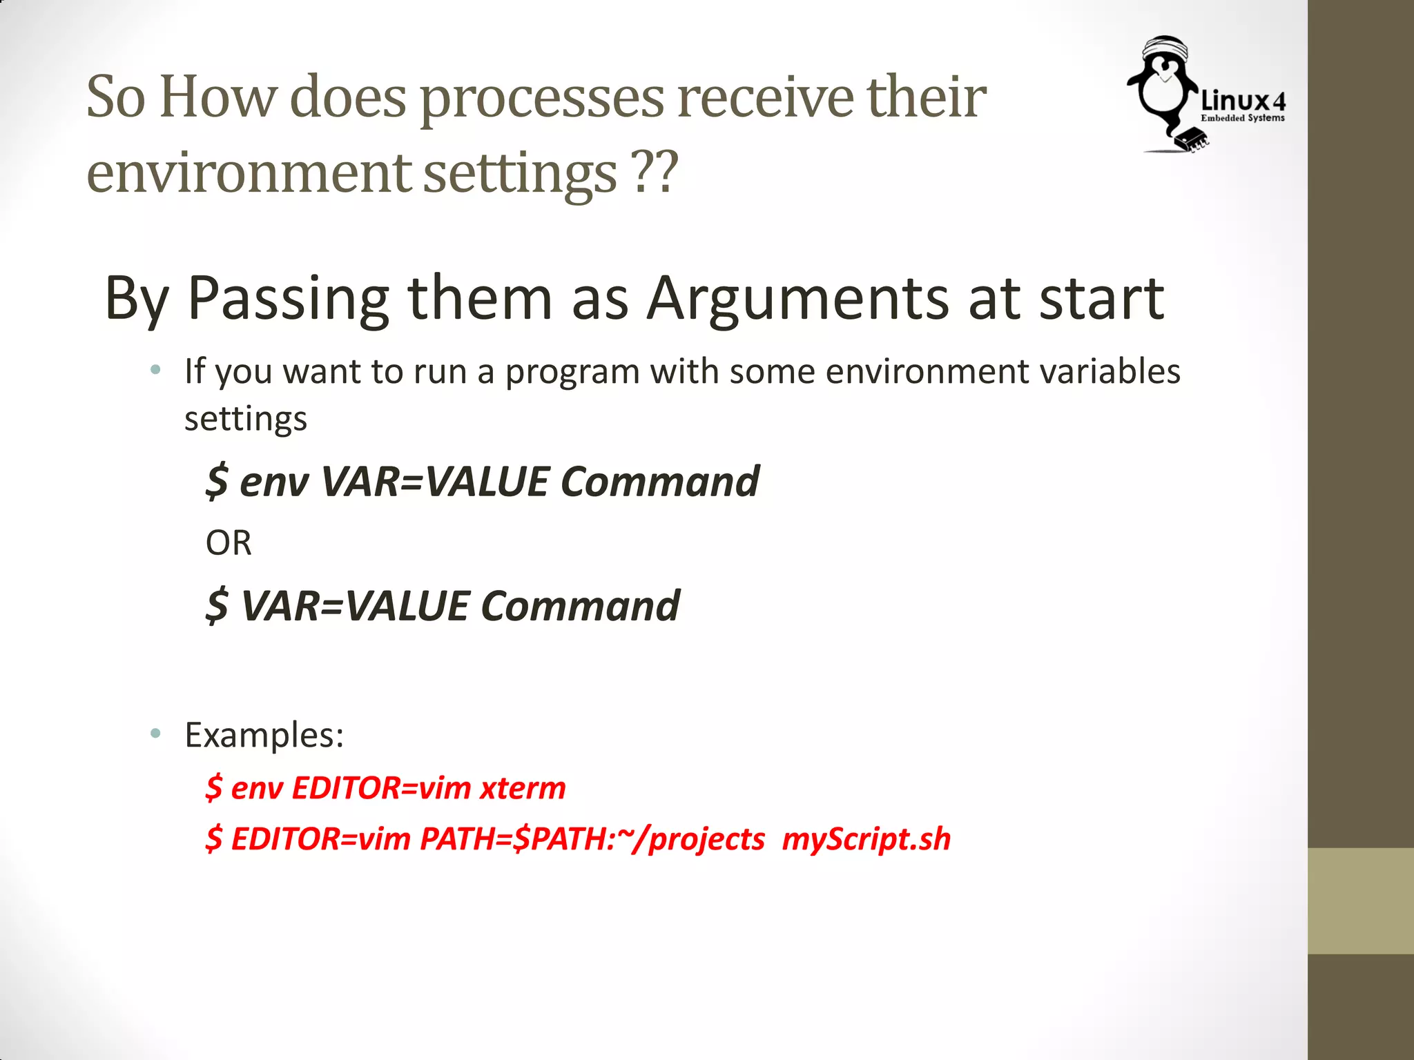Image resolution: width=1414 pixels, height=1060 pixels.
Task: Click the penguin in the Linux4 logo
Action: point(1163,90)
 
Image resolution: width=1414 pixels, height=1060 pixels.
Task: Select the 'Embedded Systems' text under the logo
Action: point(1243,118)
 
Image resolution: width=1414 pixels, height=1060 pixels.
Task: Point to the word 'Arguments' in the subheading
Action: point(797,298)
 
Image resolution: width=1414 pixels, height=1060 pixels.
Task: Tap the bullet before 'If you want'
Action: point(156,371)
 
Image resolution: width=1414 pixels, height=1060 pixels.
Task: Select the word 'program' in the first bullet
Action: point(571,373)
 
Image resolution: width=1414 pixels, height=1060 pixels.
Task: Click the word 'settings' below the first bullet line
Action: point(245,420)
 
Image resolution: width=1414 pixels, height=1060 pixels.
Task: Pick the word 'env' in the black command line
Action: point(273,482)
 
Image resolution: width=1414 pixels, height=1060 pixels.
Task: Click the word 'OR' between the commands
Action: point(229,543)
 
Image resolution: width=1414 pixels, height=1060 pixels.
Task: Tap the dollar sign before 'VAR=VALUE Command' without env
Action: point(217,606)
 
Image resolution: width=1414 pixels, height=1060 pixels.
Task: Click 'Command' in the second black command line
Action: point(580,606)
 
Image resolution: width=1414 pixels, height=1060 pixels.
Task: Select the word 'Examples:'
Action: point(264,735)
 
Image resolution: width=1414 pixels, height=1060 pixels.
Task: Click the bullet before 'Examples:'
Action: point(156,733)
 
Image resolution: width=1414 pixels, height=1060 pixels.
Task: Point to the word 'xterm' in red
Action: point(523,787)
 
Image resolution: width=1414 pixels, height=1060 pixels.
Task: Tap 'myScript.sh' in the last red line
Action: point(866,839)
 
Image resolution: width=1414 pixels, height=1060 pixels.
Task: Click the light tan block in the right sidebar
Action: point(1360,901)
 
